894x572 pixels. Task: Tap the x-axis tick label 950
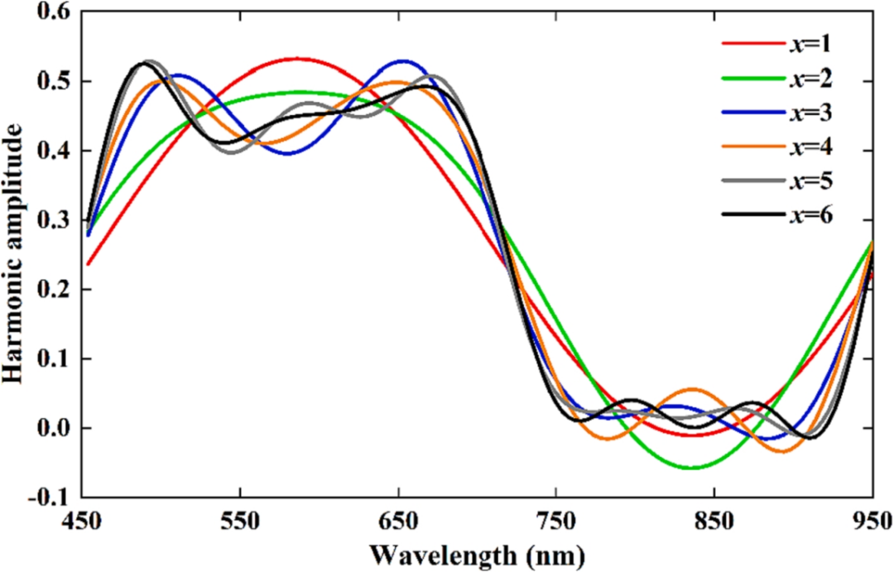pyautogui.click(x=872, y=523)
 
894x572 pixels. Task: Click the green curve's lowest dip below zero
pyautogui.click(x=691, y=468)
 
